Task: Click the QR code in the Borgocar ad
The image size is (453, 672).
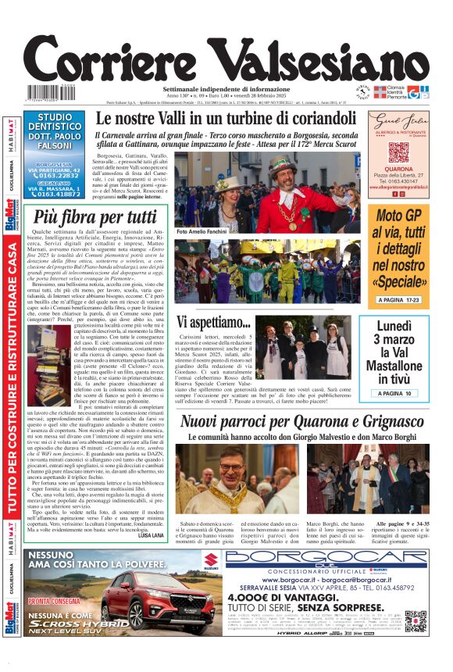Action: click(416, 621)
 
